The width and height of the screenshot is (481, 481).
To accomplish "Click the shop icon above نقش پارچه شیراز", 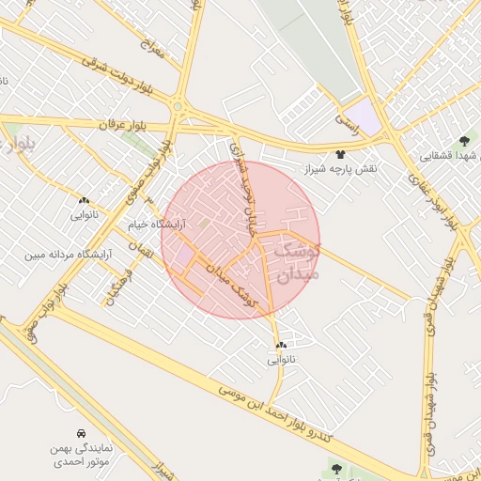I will click(x=340, y=154).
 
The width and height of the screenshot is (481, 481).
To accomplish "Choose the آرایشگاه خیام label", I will click(x=158, y=225).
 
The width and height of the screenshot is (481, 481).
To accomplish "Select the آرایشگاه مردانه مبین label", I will click(x=69, y=254).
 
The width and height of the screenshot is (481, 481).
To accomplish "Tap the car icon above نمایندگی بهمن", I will click(x=82, y=434).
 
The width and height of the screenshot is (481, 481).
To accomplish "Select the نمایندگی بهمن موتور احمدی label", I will click(x=82, y=456).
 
